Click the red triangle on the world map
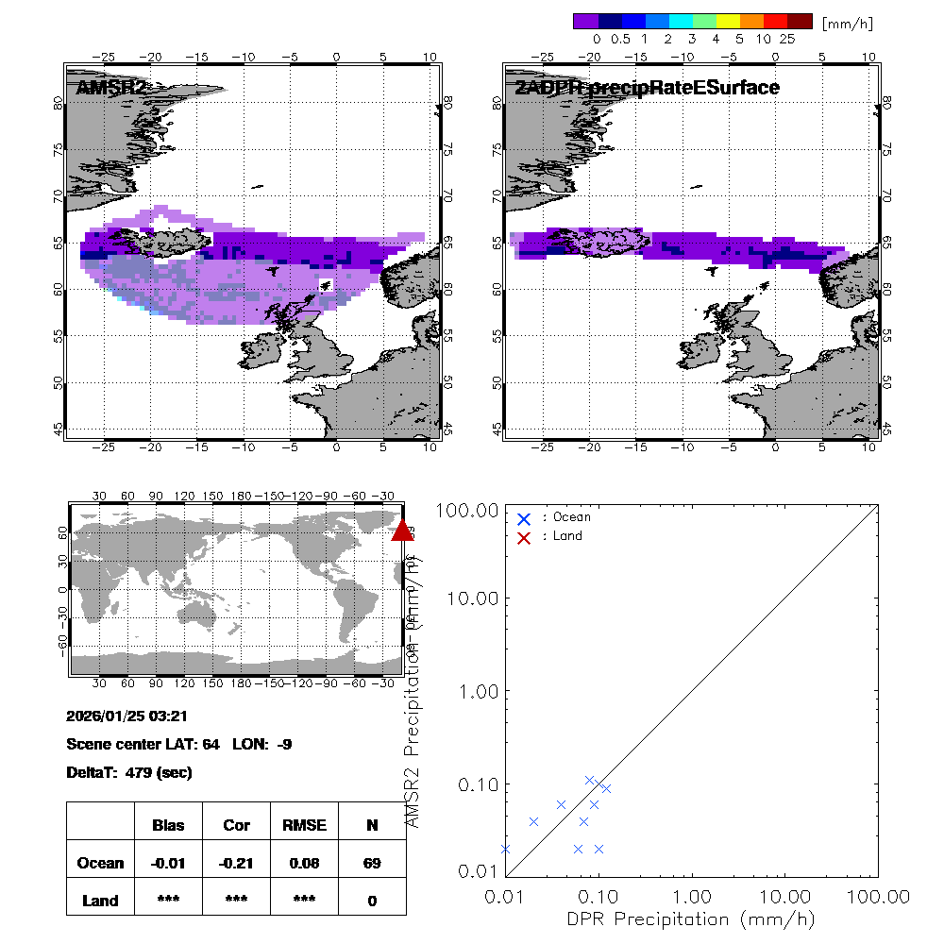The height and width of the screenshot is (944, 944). [x=402, y=531]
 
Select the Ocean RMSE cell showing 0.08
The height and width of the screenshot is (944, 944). [x=304, y=863]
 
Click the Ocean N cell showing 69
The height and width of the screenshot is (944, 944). [x=372, y=863]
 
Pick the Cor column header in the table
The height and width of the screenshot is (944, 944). [x=236, y=825]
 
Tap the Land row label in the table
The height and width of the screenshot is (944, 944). [x=100, y=901]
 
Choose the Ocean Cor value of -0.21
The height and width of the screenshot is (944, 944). [x=236, y=863]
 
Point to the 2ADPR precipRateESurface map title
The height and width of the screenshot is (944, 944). [x=648, y=88]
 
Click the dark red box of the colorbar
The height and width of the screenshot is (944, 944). [x=800, y=20]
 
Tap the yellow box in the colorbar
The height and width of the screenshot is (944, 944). [x=728, y=20]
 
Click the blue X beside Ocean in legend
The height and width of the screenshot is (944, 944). [x=525, y=518]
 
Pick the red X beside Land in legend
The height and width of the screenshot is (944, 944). [x=525, y=537]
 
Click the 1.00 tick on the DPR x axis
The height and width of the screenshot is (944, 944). [x=693, y=895]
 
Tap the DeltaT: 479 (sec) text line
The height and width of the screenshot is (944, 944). [x=129, y=772]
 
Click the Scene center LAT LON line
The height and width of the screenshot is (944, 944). [x=179, y=744]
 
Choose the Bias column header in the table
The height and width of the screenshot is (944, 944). [x=168, y=825]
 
